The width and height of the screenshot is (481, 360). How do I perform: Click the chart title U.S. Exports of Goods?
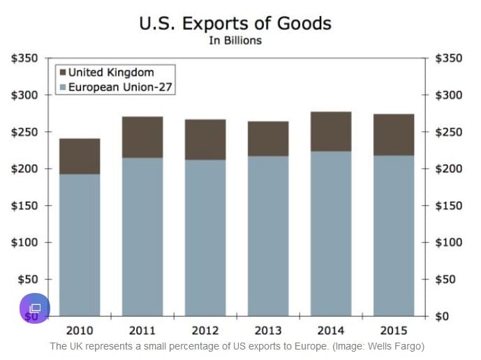pos(235,23)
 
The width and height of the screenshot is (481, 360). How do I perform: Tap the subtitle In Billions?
pos(235,40)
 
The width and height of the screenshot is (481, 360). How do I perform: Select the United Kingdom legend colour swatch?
pos(62,73)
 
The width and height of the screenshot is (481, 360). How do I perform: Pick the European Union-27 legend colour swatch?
pos(62,88)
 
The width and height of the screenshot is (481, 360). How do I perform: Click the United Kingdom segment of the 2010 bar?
pos(80,156)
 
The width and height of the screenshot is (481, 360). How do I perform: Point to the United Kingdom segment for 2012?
pos(205,140)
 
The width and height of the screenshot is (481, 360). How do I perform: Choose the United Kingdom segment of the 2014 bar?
pos(331,131)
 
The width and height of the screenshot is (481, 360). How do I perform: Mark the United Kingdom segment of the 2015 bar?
pos(394,135)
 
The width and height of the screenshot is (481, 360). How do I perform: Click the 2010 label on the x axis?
pos(79,330)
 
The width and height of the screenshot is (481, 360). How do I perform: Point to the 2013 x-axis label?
pos(268,330)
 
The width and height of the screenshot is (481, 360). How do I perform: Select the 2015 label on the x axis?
pos(394,330)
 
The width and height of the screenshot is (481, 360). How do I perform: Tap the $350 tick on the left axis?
pos(24,58)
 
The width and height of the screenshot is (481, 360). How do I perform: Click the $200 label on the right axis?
pos(449,169)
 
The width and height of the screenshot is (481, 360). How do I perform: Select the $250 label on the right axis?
pos(449,132)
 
